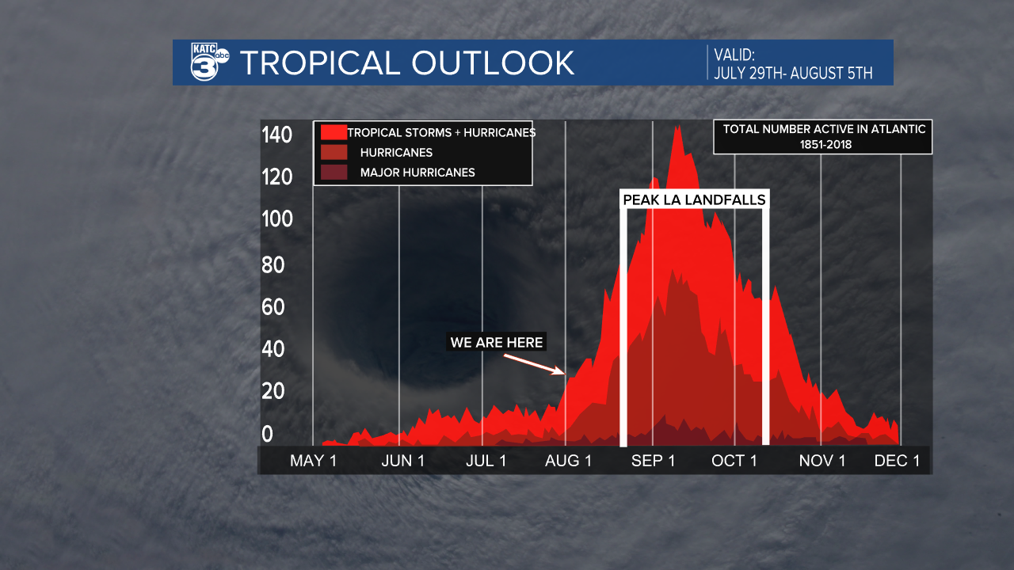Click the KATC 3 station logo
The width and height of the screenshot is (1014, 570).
coord(209,63)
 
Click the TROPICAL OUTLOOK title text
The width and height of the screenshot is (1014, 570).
coord(407,63)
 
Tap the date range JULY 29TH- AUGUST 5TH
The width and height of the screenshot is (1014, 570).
coord(793,74)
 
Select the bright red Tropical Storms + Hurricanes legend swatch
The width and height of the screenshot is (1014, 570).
coord(334,132)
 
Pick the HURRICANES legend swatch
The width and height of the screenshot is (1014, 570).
coord(334,152)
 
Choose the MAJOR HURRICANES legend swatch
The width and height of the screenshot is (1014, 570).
coord(334,172)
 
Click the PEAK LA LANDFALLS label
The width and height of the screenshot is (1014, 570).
coord(695,199)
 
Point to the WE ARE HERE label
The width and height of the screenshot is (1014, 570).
coord(497,342)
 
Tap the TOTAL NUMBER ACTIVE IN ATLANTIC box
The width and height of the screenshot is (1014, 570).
coord(823,136)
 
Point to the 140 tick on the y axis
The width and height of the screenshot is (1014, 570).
coord(277,135)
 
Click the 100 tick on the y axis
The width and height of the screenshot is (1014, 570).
coord(277,219)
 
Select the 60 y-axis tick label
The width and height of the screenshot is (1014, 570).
coord(273,306)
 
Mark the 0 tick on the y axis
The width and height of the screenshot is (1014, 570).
coord(268,433)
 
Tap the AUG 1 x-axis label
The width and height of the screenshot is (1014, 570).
coord(567,461)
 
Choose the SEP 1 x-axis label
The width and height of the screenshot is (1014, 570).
coord(653,461)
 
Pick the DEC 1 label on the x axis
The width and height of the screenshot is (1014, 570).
coord(897,461)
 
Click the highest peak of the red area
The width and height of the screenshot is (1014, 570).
coord(677,127)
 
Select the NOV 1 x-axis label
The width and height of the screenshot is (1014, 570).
coord(822,461)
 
